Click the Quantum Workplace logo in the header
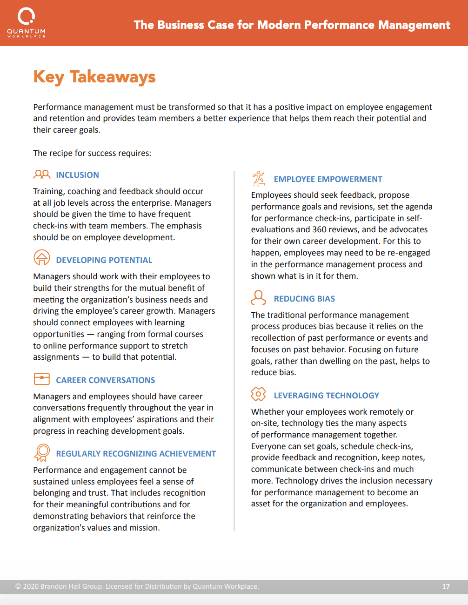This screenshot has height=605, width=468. [26, 22]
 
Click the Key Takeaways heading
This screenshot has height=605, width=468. [94, 77]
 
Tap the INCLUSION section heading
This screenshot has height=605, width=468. [77, 175]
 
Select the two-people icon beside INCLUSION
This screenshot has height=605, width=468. [42, 175]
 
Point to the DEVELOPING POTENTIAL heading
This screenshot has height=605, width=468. [104, 260]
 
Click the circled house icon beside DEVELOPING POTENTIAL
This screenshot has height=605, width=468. [42, 257]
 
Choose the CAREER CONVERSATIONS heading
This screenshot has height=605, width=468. [106, 380]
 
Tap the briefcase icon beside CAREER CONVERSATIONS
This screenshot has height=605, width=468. [42, 379]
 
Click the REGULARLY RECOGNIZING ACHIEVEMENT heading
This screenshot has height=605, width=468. [136, 454]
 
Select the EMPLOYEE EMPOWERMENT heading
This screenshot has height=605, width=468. [328, 179]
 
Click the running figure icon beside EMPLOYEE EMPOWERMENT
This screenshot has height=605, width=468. [259, 178]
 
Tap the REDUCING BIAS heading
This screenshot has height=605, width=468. [304, 299]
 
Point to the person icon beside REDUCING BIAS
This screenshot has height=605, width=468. [258, 297]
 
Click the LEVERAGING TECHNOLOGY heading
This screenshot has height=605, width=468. [327, 396]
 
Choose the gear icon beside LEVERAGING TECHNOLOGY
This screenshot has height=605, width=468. [258, 394]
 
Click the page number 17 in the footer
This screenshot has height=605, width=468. [446, 587]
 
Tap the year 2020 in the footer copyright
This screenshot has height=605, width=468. [31, 586]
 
